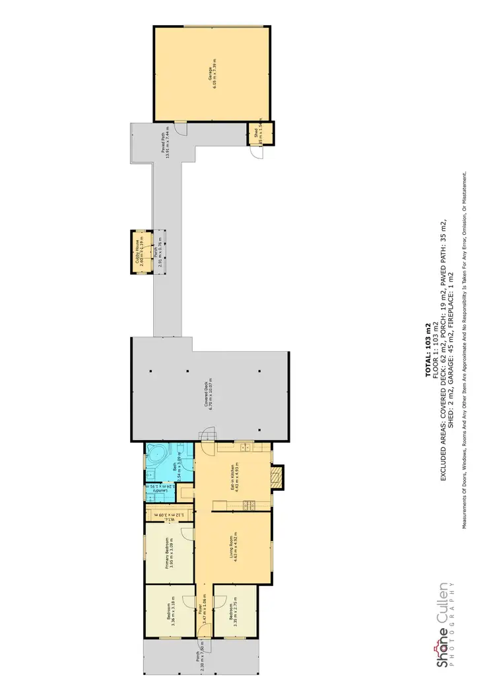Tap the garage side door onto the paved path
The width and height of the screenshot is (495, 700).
click(176, 129)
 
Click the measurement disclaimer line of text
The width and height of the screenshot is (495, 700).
click(466, 350)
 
